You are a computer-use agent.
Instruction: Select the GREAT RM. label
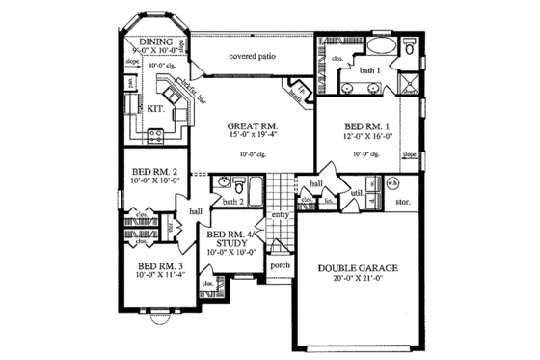(253, 126)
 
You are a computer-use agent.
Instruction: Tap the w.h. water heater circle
(392, 183)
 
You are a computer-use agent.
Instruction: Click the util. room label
(355, 193)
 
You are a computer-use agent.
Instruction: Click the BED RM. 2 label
(155, 174)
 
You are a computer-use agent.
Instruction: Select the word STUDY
(232, 243)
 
